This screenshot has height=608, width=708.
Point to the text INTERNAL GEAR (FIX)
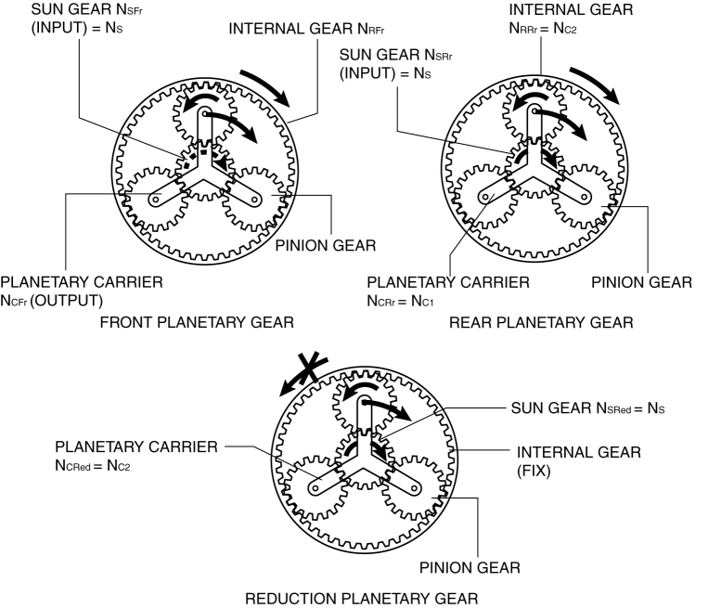[563, 461]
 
